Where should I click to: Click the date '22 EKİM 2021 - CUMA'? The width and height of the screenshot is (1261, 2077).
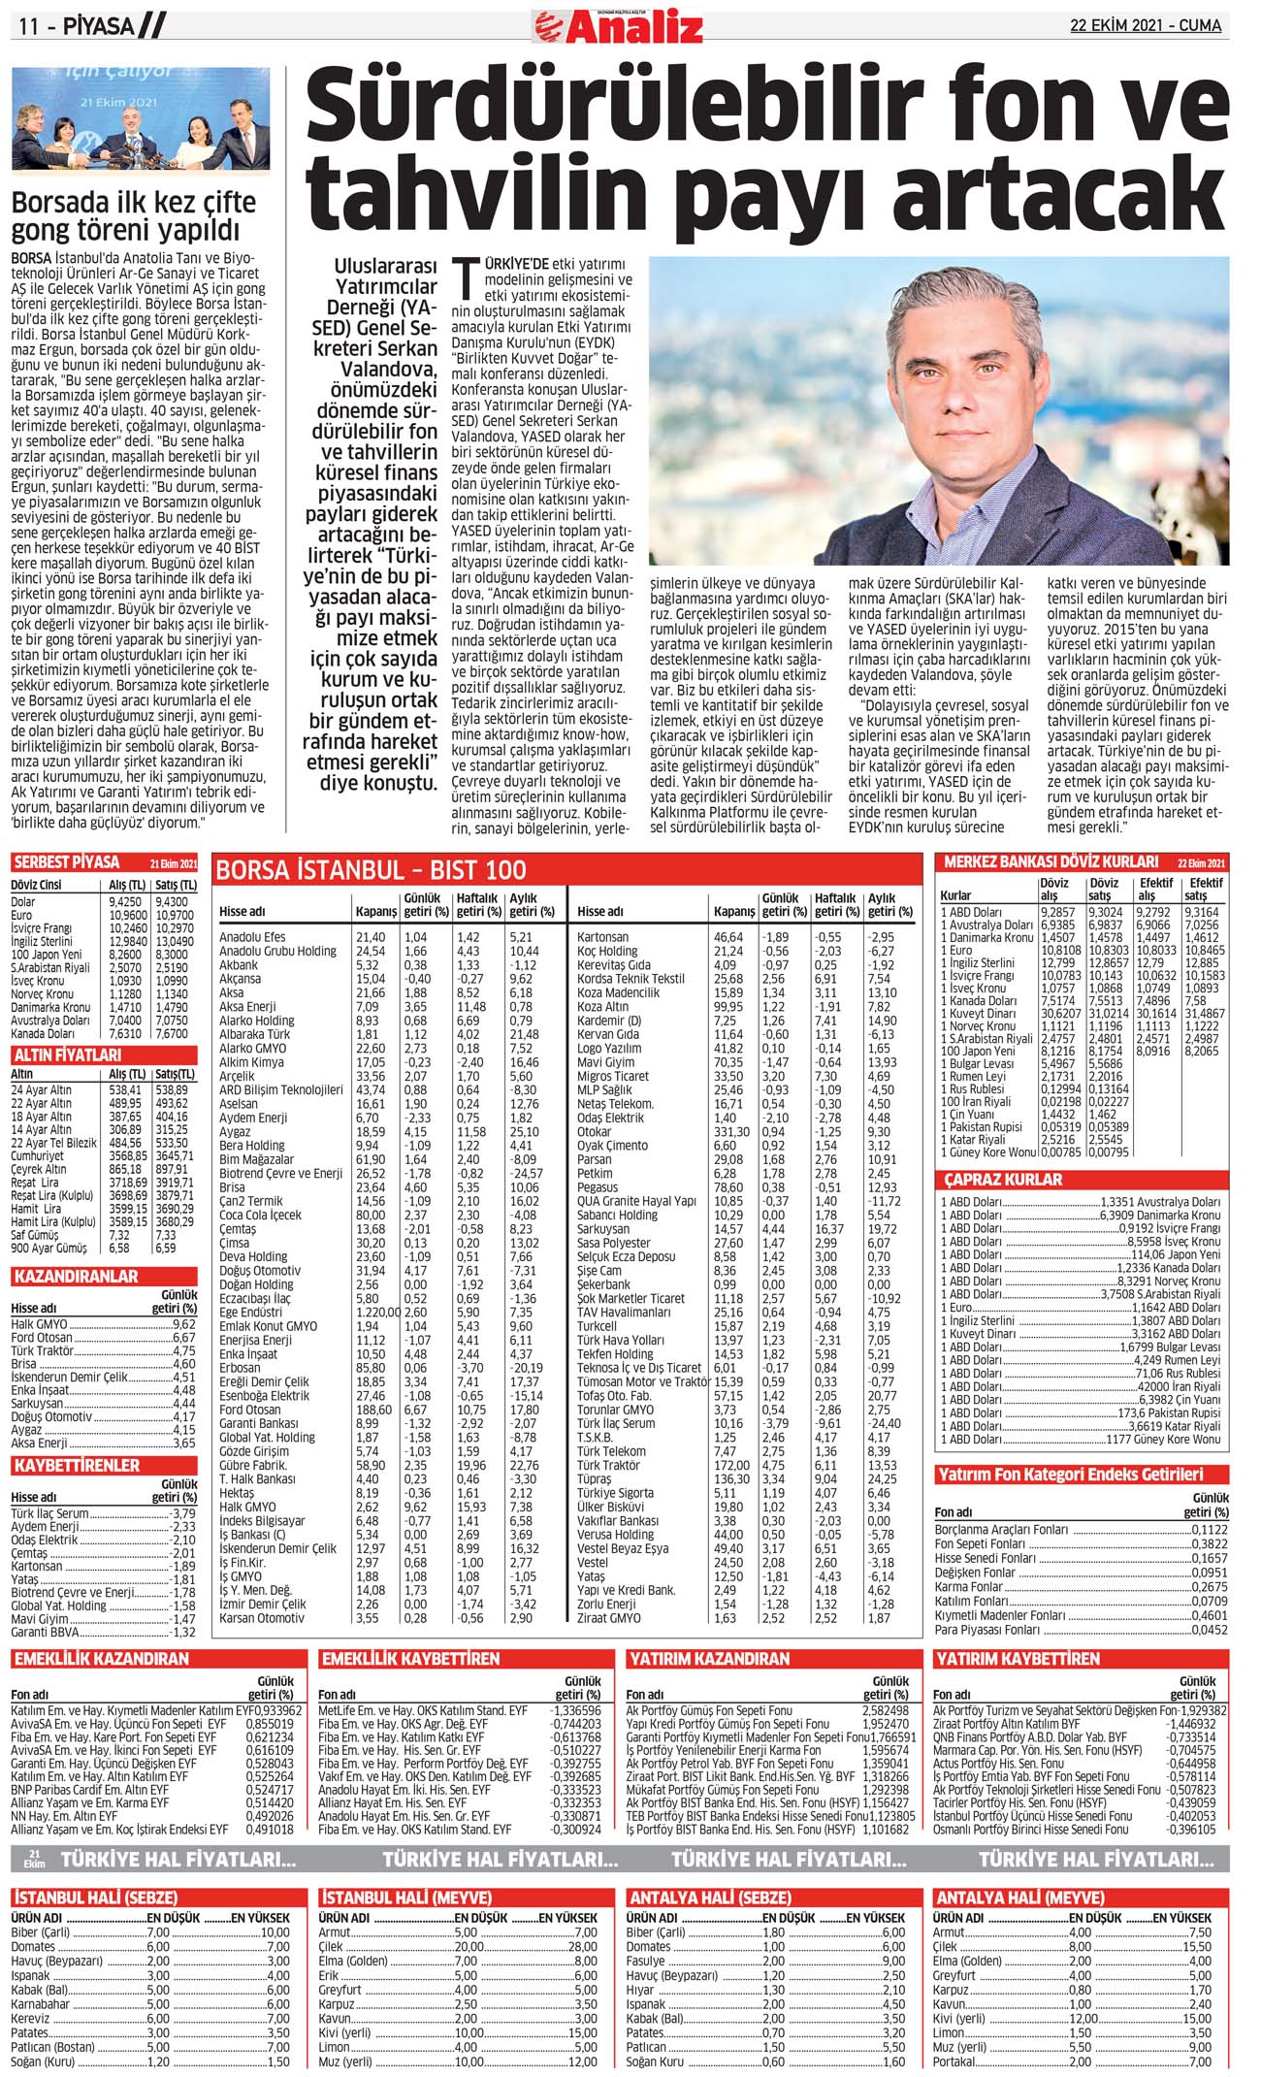click(1146, 25)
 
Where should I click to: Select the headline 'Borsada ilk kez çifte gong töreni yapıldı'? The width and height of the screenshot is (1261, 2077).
click(134, 216)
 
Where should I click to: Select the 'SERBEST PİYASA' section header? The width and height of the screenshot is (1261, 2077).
click(67, 862)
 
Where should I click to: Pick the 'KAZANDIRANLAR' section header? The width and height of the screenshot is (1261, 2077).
click(76, 1277)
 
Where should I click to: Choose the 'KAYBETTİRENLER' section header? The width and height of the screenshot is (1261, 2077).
click(77, 1465)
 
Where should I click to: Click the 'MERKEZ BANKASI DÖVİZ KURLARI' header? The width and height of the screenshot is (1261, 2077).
click(1051, 861)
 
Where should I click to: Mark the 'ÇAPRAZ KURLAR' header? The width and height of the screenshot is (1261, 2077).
click(1003, 1180)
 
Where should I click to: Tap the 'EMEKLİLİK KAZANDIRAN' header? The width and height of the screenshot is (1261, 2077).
click(101, 1659)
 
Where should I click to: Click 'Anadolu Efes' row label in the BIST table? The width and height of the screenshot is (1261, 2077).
click(252, 937)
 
